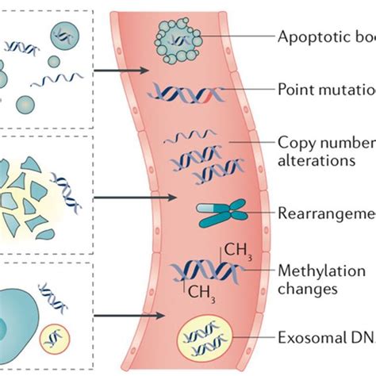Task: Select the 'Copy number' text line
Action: click(x=325, y=144)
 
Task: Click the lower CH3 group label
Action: click(x=201, y=290)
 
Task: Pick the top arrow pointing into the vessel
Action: click(x=119, y=70)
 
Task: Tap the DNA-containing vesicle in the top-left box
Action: click(x=64, y=34)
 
